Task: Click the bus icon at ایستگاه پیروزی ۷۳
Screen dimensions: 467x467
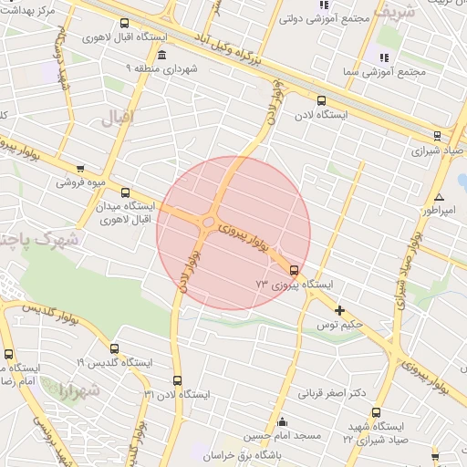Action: (293, 269)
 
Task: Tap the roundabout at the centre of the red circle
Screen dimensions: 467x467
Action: (209, 222)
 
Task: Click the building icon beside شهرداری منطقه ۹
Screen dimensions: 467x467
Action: (161, 55)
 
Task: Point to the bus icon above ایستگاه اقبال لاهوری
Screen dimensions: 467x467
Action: (124, 24)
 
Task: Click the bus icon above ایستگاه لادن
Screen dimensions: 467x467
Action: (320, 100)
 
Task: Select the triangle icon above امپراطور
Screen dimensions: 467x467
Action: (440, 196)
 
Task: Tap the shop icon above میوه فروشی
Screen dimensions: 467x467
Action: (81, 168)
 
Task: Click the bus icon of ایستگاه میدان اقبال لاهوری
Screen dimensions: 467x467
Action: (126, 192)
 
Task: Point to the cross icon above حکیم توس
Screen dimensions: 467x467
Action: (340, 310)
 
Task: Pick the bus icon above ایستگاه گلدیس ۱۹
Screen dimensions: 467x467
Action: (114, 348)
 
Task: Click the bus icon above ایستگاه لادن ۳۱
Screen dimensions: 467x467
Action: (177, 379)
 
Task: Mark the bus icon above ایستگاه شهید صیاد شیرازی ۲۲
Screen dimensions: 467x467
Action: (376, 412)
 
